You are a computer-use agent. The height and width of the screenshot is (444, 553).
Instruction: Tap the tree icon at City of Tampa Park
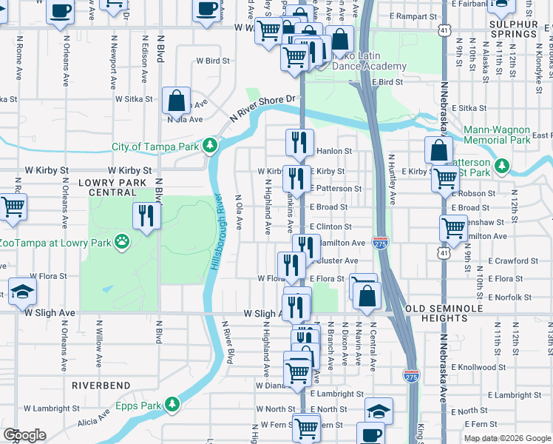pyautogui.click(x=210, y=146)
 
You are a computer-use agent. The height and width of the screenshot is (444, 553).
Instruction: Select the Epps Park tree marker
pyautogui.click(x=172, y=405)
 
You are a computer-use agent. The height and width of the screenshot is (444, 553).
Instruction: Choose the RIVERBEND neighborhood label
pyautogui.click(x=101, y=386)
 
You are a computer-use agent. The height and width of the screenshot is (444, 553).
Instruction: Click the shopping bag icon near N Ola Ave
pyautogui.click(x=177, y=100)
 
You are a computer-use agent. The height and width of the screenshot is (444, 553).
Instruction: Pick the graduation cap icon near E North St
pyautogui.click(x=379, y=410)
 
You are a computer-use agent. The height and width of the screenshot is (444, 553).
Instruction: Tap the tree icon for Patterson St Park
pyautogui.click(x=503, y=164)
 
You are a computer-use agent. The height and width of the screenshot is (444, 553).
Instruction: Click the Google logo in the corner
pyautogui.click(x=24, y=435)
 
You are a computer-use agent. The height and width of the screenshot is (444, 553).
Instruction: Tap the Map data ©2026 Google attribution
pyautogui.click(x=506, y=438)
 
